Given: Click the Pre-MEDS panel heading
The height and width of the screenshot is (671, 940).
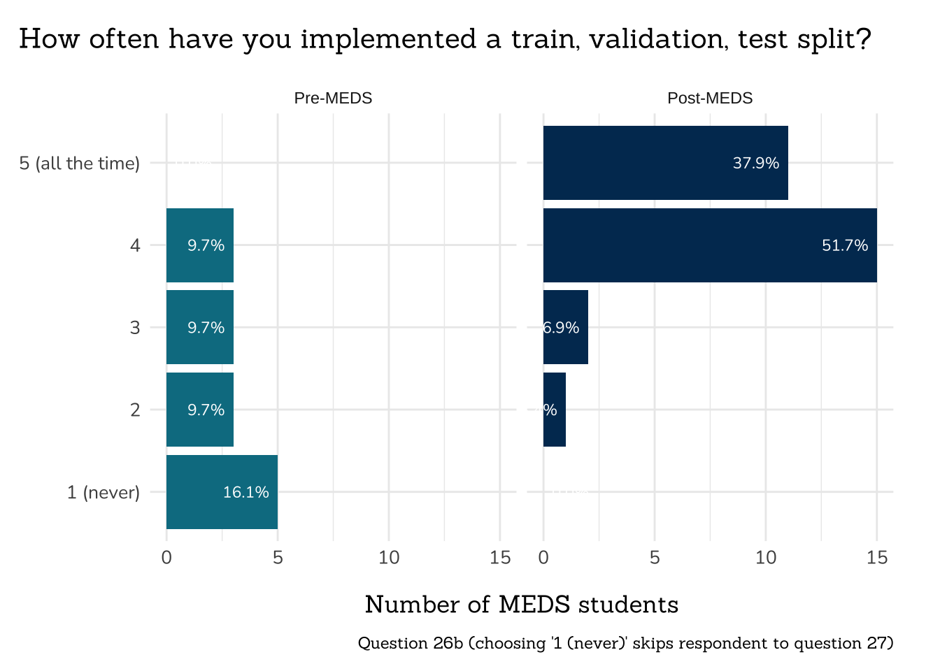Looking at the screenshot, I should point(333,98).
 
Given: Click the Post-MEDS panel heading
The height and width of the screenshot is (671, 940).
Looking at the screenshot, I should point(710,98).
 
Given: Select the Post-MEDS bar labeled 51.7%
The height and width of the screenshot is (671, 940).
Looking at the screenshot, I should point(710,245).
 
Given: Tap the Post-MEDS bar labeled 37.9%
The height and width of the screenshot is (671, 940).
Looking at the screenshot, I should point(665,163).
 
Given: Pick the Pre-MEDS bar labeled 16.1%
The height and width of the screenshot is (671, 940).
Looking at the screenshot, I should point(222,492).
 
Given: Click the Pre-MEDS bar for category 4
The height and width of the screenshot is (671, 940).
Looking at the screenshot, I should point(199,245).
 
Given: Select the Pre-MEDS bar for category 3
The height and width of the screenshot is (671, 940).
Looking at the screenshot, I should point(199,327).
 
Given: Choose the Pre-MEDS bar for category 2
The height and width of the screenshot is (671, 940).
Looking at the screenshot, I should point(199,410).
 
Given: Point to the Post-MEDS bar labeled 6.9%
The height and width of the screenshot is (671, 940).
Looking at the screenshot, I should point(565,327).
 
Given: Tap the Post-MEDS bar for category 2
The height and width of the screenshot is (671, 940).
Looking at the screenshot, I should point(554,410).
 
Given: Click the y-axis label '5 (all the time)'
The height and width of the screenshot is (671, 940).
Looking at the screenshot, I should point(80,164).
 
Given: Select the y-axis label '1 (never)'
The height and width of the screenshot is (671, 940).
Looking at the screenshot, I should point(104,493).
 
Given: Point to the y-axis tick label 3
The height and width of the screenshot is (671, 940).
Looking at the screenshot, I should point(135,328).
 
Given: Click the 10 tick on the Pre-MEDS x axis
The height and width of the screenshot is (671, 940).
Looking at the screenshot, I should point(389,558).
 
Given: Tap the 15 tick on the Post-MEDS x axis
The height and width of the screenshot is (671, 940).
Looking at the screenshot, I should point(876,558).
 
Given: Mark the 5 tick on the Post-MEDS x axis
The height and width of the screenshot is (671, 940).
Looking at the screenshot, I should point(655,558).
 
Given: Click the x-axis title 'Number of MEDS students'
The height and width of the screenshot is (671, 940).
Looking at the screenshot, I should point(522,605).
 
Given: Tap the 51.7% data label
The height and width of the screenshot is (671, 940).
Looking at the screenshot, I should point(845,245).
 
